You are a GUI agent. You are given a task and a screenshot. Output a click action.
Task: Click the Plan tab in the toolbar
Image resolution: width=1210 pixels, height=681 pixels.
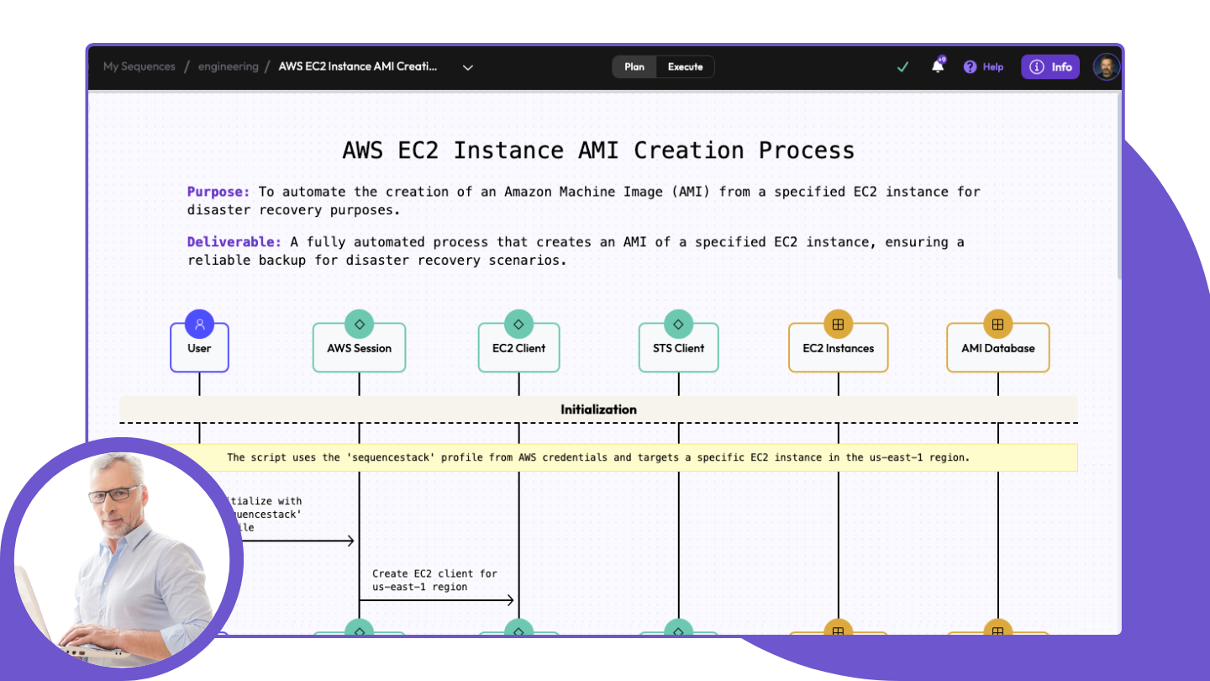(x=634, y=67)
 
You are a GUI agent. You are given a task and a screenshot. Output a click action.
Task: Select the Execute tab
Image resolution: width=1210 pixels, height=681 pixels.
(x=685, y=67)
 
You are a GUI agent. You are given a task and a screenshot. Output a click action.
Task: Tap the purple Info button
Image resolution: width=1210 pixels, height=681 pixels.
(x=1050, y=67)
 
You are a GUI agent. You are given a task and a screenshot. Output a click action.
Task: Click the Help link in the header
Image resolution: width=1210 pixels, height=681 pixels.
(x=984, y=67)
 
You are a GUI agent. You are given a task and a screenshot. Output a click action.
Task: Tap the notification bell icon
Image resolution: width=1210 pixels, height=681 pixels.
(x=938, y=66)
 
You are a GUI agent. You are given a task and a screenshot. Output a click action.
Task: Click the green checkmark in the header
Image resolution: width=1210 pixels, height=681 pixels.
(x=902, y=67)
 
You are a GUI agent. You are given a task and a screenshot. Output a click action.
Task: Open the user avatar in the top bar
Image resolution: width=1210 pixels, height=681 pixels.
(x=1107, y=67)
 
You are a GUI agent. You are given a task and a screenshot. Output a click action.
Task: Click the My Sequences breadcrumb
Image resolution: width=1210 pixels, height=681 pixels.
(x=139, y=66)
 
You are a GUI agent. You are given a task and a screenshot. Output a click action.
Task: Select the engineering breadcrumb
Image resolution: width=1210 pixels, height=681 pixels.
(x=228, y=66)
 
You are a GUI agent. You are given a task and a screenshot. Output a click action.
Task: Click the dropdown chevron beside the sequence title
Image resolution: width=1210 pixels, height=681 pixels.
(x=468, y=67)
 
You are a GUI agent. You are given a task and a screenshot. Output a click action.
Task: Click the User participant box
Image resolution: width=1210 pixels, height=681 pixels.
(x=199, y=348)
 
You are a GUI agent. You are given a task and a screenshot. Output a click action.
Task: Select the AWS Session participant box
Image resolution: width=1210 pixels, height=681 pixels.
(x=359, y=348)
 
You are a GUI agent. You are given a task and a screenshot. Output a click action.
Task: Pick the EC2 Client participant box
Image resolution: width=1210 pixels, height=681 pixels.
(x=518, y=348)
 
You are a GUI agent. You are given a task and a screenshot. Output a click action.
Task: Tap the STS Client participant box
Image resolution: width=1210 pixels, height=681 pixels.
(x=678, y=348)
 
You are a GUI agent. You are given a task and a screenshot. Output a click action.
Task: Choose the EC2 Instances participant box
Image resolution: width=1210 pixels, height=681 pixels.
(x=838, y=348)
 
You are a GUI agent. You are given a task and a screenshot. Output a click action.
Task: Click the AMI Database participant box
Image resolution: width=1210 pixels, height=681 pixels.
(x=997, y=348)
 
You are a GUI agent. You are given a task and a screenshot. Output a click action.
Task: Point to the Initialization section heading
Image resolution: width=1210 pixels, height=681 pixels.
(x=598, y=409)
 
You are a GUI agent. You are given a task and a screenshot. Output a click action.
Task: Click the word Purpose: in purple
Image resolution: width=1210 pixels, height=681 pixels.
(x=218, y=192)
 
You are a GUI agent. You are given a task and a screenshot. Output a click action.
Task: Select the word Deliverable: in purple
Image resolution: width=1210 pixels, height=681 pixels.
(x=234, y=242)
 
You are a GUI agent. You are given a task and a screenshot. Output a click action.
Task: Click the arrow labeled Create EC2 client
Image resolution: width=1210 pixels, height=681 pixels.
(x=437, y=599)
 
